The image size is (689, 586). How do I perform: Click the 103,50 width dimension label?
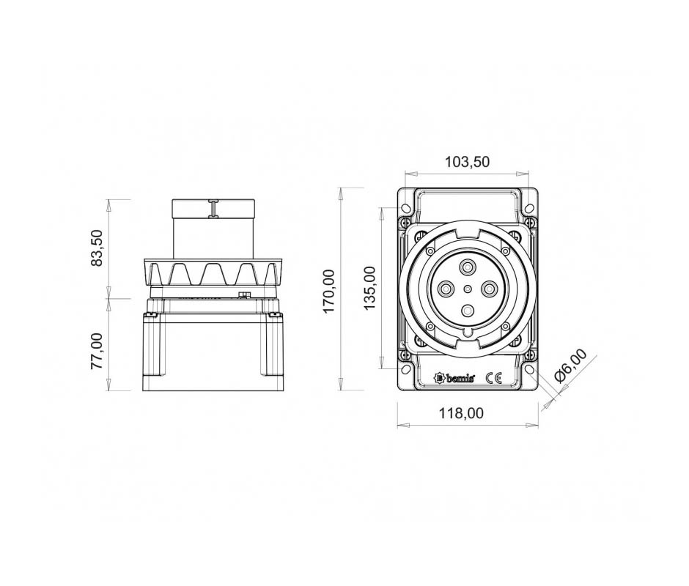click(467, 162)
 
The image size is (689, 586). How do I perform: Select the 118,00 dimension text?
click(461, 413)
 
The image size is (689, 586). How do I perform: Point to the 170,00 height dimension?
click(329, 292)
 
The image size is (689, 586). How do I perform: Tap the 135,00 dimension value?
click(369, 288)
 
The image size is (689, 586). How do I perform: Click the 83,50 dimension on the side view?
click(96, 248)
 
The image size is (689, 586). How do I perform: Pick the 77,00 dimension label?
click(96, 351)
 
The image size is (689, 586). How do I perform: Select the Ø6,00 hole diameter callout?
click(570, 366)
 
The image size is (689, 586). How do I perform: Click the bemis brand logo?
click(454, 378)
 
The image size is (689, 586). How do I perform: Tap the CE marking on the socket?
click(493, 378)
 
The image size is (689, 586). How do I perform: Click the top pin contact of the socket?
click(467, 267)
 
